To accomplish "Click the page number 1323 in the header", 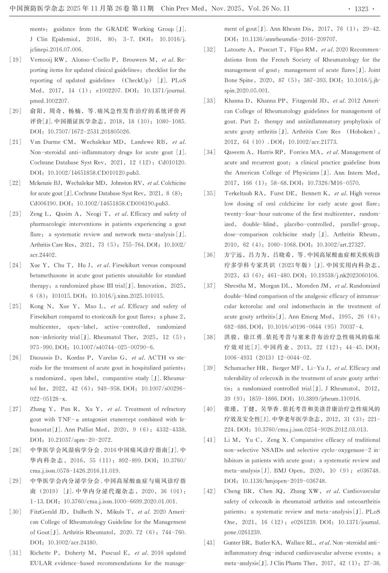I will pyautogui.click(x=361, y=9).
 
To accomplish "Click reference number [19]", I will pyautogui.click(x=15, y=60).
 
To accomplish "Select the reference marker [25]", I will pyautogui.click(x=15, y=306).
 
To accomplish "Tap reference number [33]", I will pyautogui.click(x=210, y=101).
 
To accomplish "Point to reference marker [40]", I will pyautogui.click(x=210, y=409).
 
